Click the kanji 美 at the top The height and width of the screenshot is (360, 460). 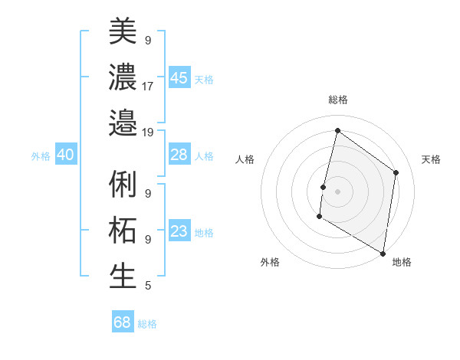point(123,31)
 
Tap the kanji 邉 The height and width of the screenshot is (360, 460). point(123,123)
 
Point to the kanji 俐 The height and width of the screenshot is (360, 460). point(123,185)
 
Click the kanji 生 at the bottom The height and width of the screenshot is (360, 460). point(123,277)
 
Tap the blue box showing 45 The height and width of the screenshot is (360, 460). point(179,77)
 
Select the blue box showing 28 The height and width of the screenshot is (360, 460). point(179,155)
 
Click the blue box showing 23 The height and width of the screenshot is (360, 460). point(179,231)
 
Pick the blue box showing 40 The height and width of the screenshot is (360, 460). point(65,155)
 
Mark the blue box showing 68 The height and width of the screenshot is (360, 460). point(123,322)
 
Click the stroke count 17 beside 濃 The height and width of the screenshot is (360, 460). point(148,86)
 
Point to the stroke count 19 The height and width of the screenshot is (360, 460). point(148,132)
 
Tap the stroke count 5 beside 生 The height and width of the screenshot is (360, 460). point(147,286)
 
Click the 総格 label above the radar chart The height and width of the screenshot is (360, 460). point(338,100)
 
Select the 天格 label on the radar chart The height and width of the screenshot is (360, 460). point(431,159)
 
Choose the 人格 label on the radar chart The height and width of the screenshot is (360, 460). point(245,159)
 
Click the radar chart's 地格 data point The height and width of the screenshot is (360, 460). point(383,254)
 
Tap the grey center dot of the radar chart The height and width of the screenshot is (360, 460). point(337,191)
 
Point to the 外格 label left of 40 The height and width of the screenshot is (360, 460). point(41,155)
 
